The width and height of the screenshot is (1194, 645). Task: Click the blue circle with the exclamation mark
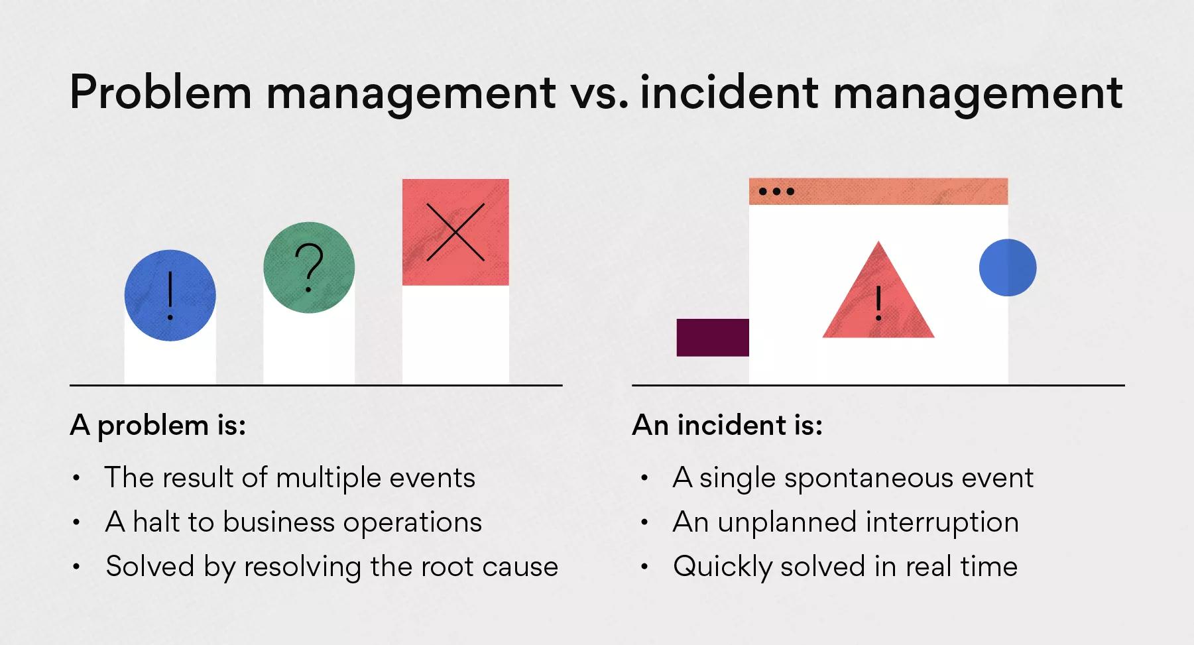[x=170, y=295]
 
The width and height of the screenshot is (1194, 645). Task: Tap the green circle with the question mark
[x=309, y=267]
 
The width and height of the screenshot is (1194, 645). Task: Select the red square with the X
[x=455, y=232]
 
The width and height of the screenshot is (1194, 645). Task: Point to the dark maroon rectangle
[x=713, y=337]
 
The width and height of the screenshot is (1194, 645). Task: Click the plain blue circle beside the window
[x=1008, y=267]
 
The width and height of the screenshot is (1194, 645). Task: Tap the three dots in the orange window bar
[x=776, y=192]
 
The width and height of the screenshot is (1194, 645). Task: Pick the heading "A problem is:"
[x=158, y=426]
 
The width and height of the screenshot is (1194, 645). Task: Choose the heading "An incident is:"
[x=727, y=425]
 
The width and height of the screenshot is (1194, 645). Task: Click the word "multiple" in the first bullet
[x=328, y=479]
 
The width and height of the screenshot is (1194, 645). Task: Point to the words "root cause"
[x=490, y=567]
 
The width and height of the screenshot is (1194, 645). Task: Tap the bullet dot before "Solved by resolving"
[x=77, y=567]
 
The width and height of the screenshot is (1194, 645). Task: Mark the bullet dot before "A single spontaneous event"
[x=644, y=478]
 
